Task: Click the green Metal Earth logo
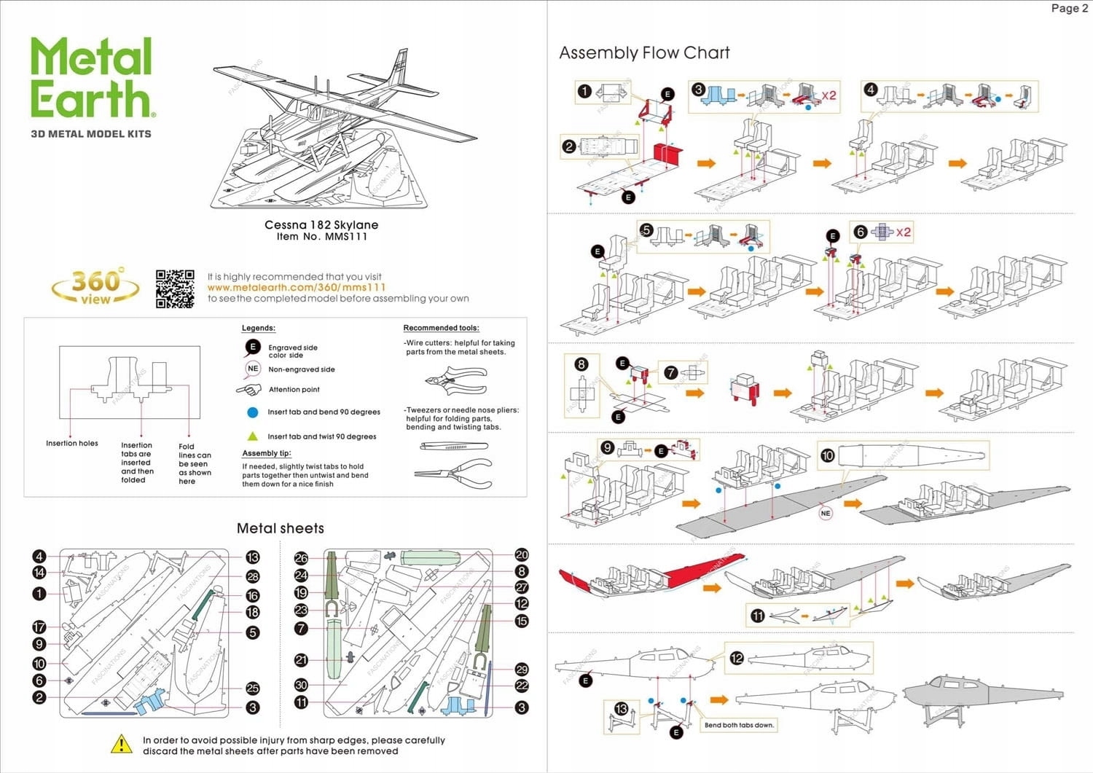92,78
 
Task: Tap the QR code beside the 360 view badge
175,289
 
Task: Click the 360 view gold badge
95,287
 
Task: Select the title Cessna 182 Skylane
321,224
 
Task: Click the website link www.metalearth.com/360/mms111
297,287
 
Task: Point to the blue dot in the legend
253,412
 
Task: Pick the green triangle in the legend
253,436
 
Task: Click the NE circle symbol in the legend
253,369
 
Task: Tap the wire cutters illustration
455,380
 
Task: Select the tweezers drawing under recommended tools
453,446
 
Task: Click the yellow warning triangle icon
121,744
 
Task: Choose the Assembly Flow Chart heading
644,52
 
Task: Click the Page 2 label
1069,9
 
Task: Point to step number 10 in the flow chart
827,455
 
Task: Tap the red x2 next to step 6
904,232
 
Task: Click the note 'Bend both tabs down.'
739,725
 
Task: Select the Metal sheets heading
281,528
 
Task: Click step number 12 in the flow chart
737,658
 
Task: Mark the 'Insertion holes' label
72,443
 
